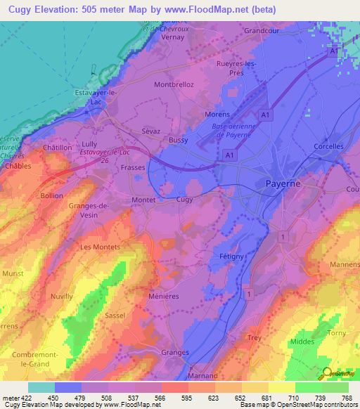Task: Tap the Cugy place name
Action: (184, 200)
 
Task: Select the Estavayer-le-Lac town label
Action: (94, 96)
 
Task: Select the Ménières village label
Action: (164, 297)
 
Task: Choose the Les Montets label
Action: (101, 247)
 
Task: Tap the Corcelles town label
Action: (329, 146)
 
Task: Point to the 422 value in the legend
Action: (27, 398)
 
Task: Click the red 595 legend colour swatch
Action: (174, 387)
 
